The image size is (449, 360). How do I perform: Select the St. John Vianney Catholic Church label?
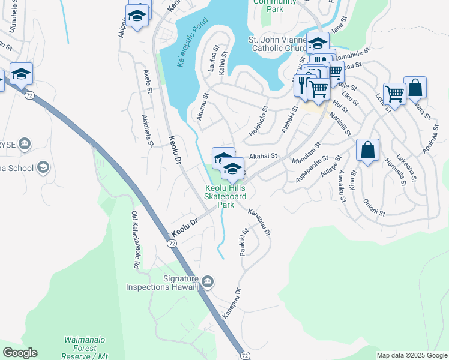(278, 44)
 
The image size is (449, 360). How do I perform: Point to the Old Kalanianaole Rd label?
(136, 240)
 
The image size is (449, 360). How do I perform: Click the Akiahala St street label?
(148, 131)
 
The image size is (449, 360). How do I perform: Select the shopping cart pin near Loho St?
(394, 93)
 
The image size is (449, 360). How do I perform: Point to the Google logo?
(20, 352)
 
